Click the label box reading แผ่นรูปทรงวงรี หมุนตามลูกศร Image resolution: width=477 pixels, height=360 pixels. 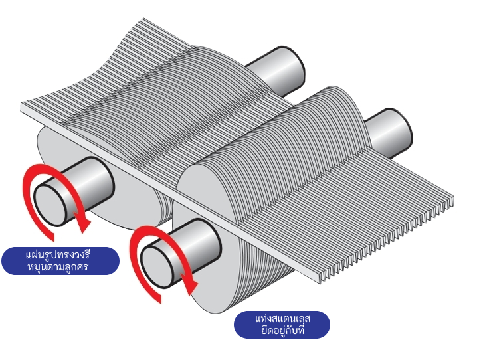pyautogui.click(x=60, y=260)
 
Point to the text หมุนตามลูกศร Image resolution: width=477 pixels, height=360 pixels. pyautogui.click(x=60, y=266)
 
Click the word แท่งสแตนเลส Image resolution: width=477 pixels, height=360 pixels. pyautogui.click(x=283, y=318)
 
